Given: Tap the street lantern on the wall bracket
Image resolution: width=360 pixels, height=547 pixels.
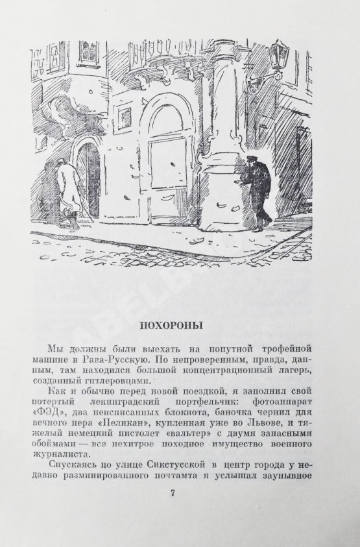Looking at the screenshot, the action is click(278, 53).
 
